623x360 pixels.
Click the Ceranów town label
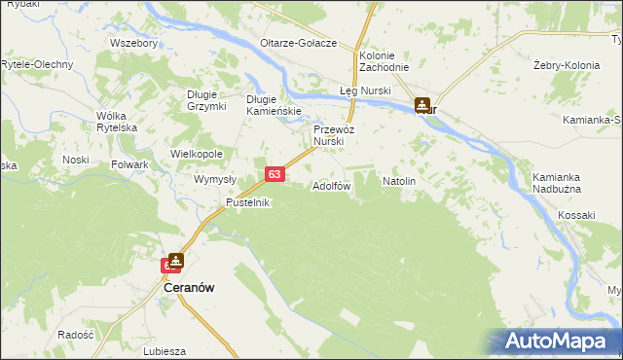pyautogui.click(x=188, y=288)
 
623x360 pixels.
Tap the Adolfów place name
pyautogui.click(x=331, y=186)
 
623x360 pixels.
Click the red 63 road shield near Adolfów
pyautogui.click(x=275, y=174)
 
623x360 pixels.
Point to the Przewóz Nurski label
pyautogui.click(x=334, y=135)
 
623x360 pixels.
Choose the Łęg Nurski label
pyautogui.click(x=363, y=90)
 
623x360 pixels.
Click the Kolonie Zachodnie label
pyautogui.click(x=384, y=61)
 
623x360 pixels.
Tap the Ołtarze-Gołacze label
pyautogui.click(x=299, y=44)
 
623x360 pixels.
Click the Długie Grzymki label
pyautogui.click(x=206, y=100)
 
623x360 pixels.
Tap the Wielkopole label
pyautogui.click(x=197, y=154)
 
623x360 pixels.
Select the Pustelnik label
pyautogui.click(x=248, y=202)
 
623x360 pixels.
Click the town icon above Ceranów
pyautogui.click(x=175, y=262)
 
